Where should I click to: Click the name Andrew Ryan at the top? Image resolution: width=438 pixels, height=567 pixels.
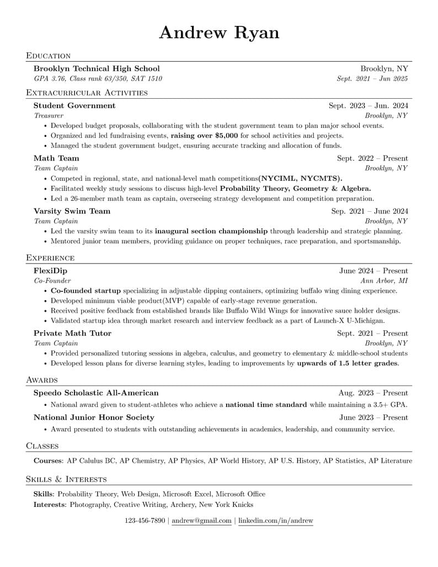219,33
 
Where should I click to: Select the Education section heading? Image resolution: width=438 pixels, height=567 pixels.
49,56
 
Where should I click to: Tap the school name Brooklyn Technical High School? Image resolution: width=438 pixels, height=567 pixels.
97,68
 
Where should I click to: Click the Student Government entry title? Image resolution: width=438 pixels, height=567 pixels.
74,105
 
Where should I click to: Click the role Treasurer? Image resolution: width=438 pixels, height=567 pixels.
49,116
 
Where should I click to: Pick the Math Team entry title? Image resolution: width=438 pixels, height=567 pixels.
56,158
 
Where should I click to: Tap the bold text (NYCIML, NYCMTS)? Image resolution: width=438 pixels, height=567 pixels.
301,178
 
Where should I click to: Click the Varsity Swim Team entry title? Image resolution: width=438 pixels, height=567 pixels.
72,211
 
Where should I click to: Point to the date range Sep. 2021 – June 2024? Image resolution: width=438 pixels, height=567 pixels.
369,211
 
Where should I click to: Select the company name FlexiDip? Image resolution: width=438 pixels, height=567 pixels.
50,271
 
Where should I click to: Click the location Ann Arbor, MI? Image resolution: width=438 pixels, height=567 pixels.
384,281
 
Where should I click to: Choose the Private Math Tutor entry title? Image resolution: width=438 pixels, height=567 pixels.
72,333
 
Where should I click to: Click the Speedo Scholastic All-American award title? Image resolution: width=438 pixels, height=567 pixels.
96,393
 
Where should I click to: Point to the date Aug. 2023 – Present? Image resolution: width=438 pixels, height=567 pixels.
373,393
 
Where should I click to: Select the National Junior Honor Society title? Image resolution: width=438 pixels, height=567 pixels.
94,418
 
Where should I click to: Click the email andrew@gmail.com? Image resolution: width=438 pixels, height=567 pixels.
201,521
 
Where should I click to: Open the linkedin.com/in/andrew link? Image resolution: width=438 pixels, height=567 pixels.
275,521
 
